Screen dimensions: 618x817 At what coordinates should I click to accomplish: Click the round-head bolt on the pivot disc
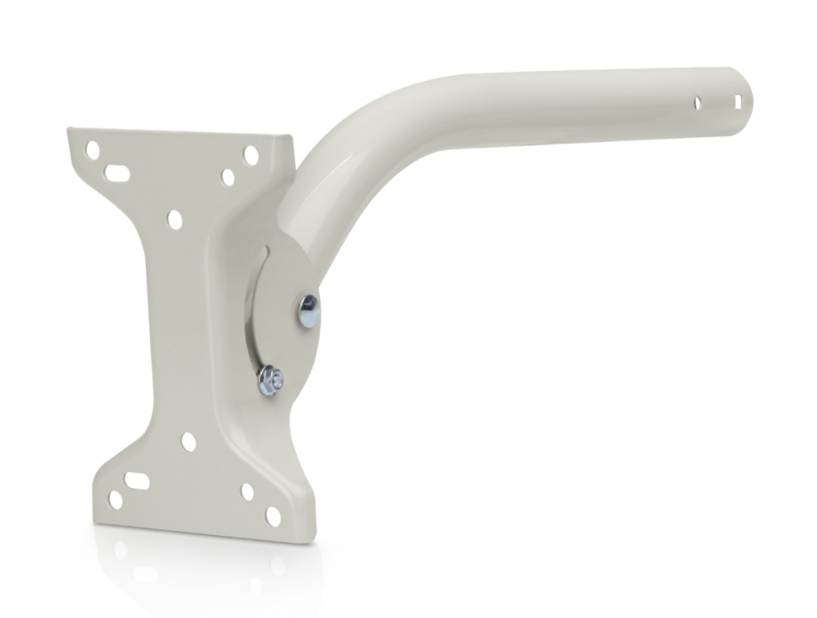click(x=308, y=310)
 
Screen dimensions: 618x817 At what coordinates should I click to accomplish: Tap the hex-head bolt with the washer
click(x=271, y=380)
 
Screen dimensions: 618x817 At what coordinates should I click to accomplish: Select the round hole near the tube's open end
click(x=697, y=103)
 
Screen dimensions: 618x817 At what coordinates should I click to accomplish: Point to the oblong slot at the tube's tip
click(x=738, y=101)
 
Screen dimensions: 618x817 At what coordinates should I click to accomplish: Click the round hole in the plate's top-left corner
click(x=93, y=149)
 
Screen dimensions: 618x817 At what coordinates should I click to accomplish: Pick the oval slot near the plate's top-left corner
click(x=118, y=172)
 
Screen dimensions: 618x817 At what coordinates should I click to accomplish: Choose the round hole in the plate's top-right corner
click(x=251, y=155)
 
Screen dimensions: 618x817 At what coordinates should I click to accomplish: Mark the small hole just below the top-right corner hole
click(x=228, y=177)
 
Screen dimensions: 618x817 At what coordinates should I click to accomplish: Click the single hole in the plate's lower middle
click(x=188, y=441)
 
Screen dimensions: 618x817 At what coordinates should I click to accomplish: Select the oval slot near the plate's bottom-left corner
click(x=136, y=480)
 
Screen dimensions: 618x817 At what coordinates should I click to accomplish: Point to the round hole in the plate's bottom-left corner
click(x=116, y=500)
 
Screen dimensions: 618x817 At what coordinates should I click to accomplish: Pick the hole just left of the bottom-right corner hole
click(x=247, y=492)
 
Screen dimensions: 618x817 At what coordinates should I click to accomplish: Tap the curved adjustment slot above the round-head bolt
click(x=264, y=263)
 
